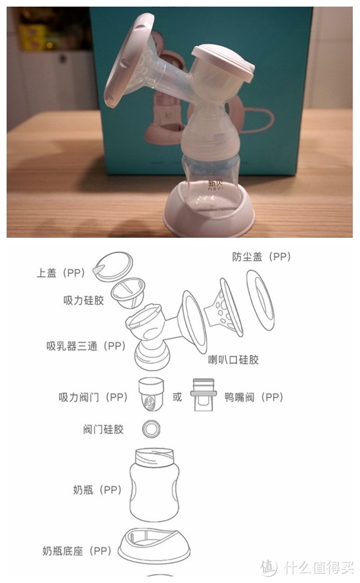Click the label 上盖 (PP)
tap(61, 273)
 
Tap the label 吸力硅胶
tap(83, 300)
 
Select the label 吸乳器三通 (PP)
tap(86, 346)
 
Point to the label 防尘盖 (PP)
tap(261, 256)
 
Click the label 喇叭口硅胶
tap(233, 360)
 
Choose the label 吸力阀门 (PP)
tap(93, 397)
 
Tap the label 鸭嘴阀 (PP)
tap(254, 397)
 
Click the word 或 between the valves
tap(177, 397)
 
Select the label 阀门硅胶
tap(103, 429)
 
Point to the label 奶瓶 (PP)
tap(97, 490)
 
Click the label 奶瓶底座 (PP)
tap(77, 551)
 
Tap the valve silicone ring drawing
tap(152, 429)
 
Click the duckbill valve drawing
tap(203, 395)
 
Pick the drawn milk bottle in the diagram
tap(154, 485)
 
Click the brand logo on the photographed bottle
tap(215, 185)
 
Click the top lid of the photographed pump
tap(223, 63)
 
